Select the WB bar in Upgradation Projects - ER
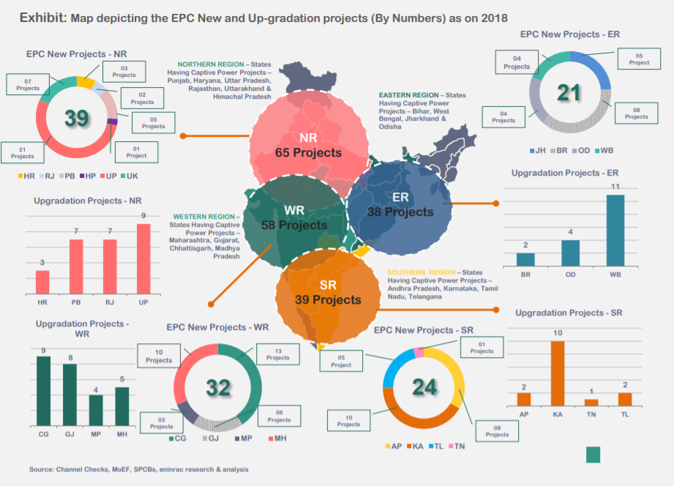click(x=615, y=231)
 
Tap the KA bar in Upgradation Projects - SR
click(x=558, y=373)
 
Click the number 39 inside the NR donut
click(x=77, y=118)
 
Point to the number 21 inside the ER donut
click(x=569, y=93)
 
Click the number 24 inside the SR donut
click(x=424, y=387)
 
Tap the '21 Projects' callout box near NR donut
click(x=23, y=152)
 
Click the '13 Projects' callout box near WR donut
click(x=278, y=354)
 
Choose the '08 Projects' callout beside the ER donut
click(x=636, y=113)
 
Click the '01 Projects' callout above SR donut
click(x=482, y=347)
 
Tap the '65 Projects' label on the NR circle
click(x=308, y=153)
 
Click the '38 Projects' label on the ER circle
click(x=401, y=212)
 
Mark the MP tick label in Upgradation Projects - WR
click(x=95, y=434)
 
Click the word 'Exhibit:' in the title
click(x=43, y=17)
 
